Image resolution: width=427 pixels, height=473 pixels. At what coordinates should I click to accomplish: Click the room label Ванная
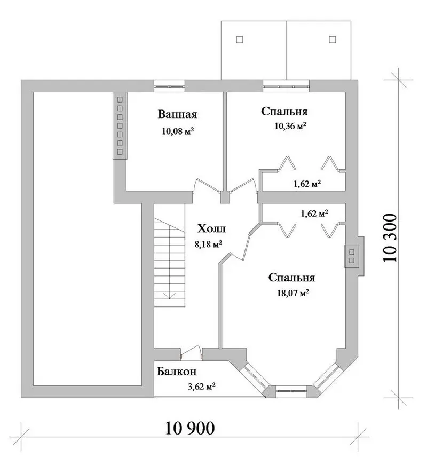point(177,115)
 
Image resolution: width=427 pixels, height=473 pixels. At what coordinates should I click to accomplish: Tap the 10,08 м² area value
point(178,131)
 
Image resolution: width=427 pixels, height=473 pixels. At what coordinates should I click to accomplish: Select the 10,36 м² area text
point(290,125)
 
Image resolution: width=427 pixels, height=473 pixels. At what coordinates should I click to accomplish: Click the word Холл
point(211,229)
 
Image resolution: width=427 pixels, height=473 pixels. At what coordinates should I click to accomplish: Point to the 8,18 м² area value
point(209,244)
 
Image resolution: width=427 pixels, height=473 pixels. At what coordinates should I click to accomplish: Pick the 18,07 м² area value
point(294,293)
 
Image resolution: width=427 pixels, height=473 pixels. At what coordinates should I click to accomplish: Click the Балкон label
point(177,372)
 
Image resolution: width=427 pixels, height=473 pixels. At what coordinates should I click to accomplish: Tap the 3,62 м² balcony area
point(201,387)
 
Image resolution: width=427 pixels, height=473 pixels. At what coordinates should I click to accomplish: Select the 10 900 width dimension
point(190,428)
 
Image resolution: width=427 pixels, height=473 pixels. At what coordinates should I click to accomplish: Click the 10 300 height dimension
point(390,238)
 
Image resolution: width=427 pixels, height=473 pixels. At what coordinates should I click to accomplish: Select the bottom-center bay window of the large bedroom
point(291,391)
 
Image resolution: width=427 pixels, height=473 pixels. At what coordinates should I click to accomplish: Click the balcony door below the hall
point(191,353)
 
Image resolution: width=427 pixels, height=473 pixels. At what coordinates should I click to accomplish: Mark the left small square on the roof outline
point(240,40)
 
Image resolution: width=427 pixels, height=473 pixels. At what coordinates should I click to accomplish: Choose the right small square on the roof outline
point(333,40)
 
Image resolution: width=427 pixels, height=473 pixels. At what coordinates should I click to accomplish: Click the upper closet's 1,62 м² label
point(307,184)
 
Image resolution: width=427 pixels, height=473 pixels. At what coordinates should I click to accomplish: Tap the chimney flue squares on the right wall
point(352,256)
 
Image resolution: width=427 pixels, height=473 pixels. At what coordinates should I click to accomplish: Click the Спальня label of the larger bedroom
point(291,278)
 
